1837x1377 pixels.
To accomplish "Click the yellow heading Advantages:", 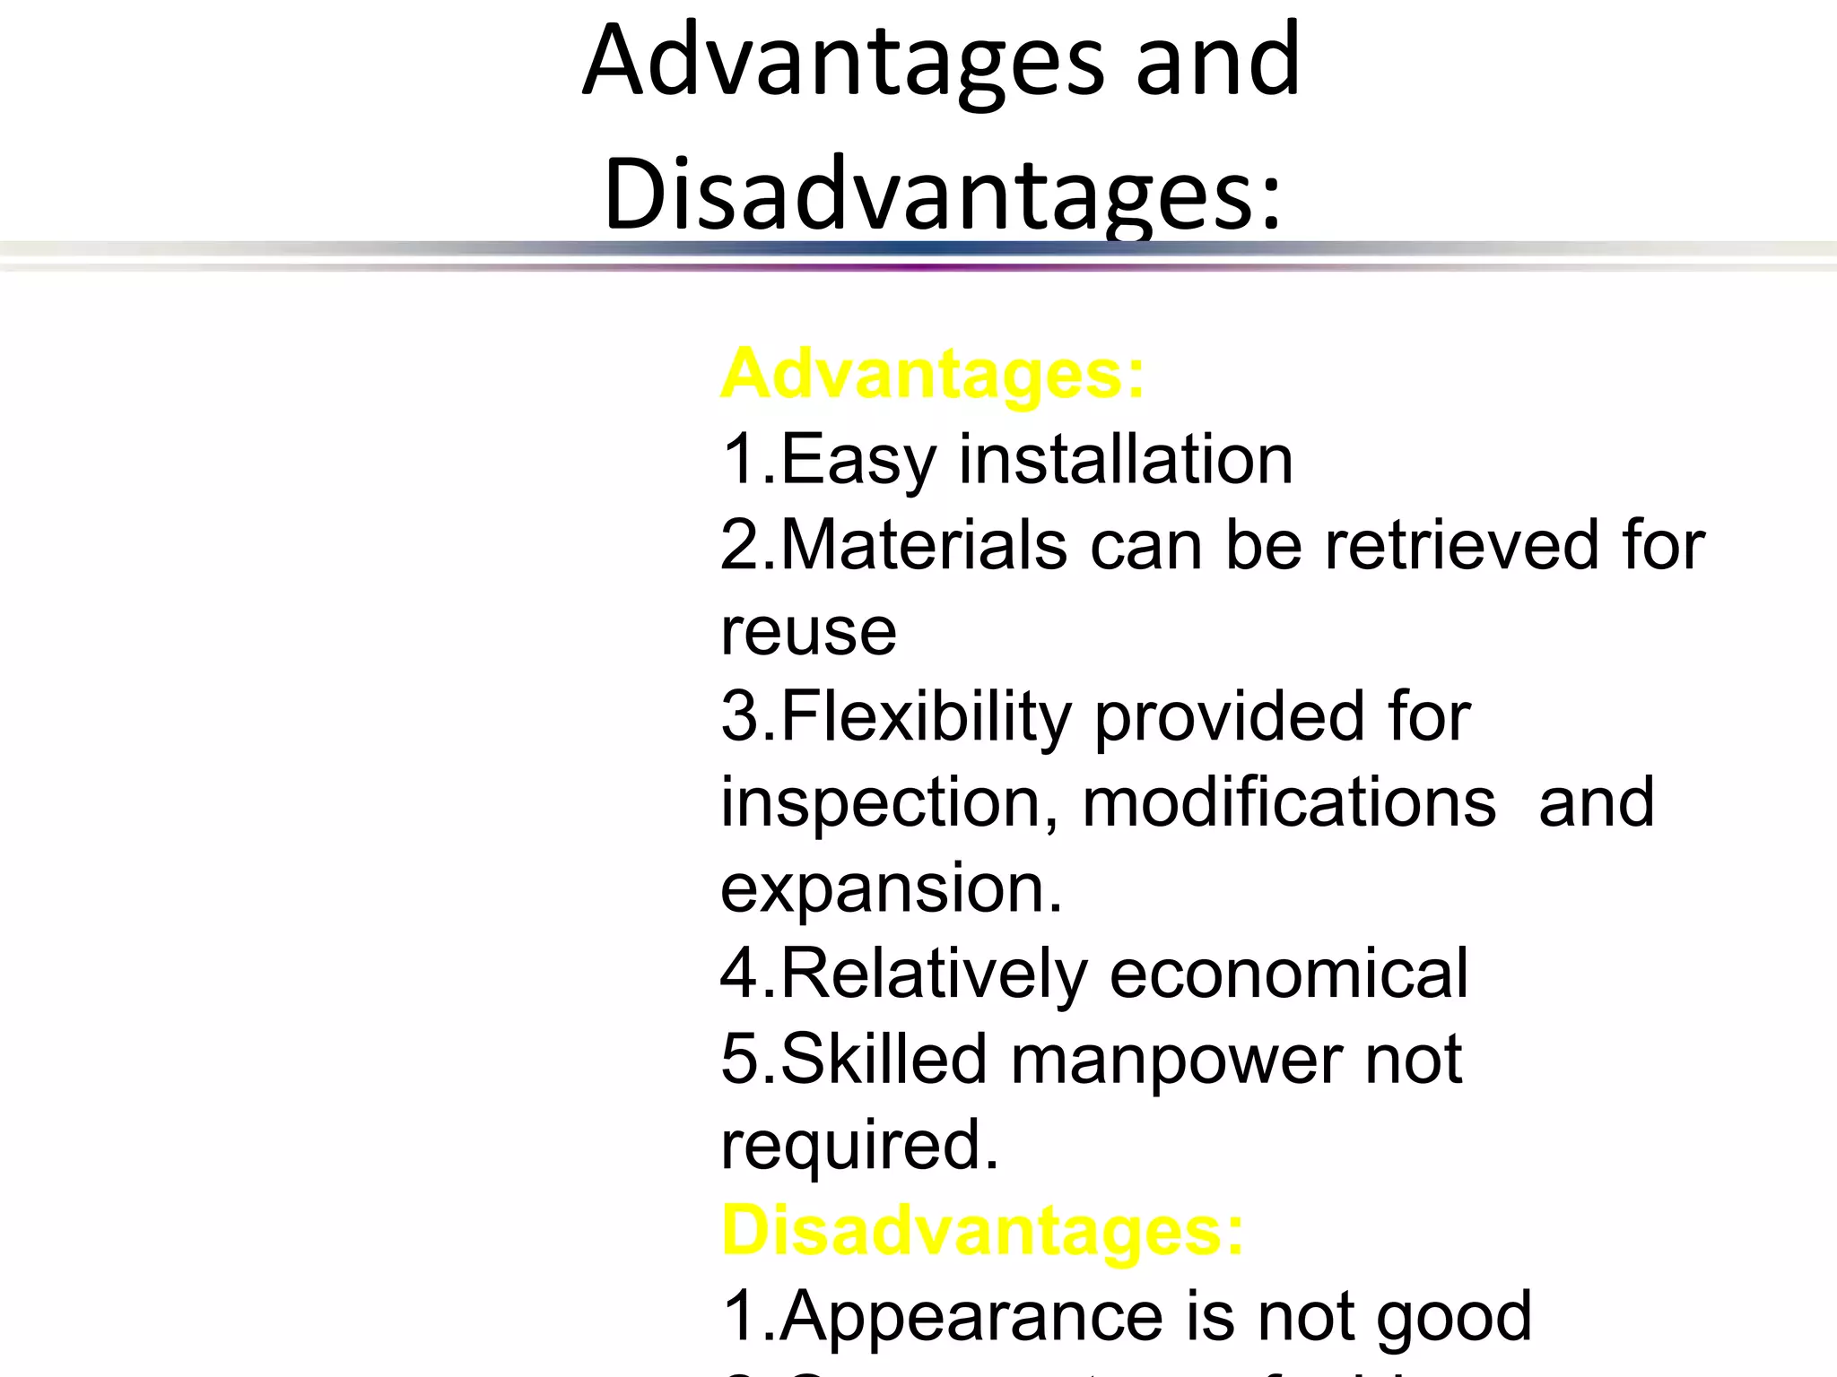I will [x=932, y=375].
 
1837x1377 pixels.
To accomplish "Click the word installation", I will [x=1126, y=459].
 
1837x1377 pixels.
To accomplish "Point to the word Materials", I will [x=924, y=545].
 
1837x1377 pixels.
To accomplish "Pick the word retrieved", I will [x=1463, y=545].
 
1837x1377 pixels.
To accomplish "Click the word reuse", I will [x=808, y=632].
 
